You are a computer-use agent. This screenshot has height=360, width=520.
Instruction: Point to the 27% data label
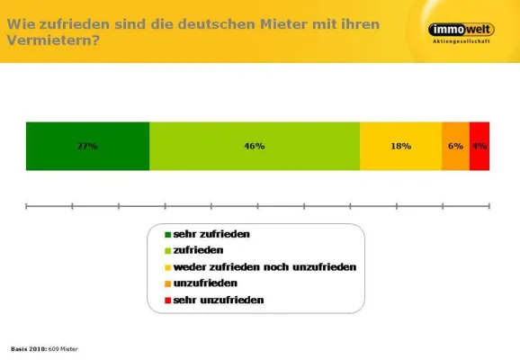(x=87, y=146)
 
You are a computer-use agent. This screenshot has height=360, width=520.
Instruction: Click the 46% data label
(x=254, y=146)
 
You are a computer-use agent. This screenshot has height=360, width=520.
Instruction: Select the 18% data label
(x=400, y=146)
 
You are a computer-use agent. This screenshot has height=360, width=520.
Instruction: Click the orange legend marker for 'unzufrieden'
(x=155, y=283)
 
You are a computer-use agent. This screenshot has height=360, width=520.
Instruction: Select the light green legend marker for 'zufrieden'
(x=155, y=250)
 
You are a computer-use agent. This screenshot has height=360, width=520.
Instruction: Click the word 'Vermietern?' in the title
(x=53, y=40)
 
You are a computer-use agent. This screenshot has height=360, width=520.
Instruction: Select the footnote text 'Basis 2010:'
(x=28, y=347)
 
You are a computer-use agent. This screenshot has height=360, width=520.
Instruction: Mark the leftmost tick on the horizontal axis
(x=26, y=206)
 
